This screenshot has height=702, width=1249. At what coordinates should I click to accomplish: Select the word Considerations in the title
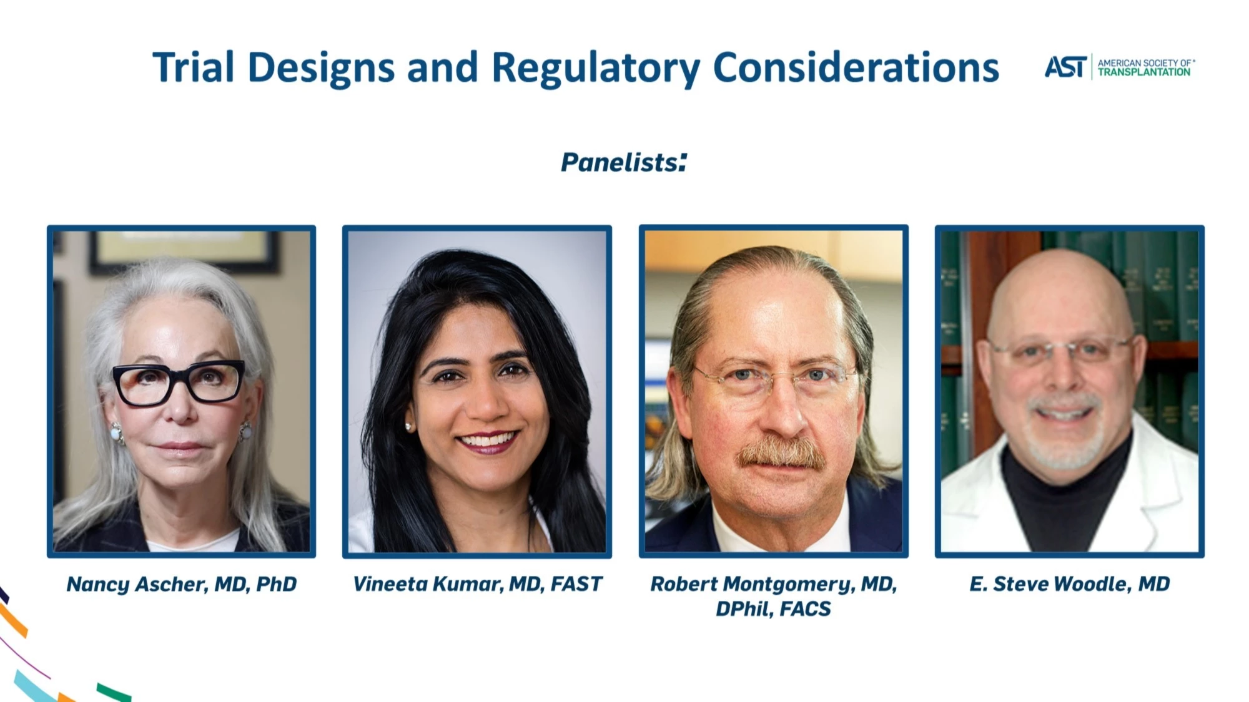(856, 67)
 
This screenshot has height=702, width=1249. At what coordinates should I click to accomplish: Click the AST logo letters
(1066, 67)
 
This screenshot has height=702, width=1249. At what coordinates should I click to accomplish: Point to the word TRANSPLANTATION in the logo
(1144, 72)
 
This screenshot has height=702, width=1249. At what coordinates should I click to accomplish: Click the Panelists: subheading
(624, 162)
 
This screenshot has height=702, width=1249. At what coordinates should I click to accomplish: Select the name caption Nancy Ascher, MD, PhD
(182, 584)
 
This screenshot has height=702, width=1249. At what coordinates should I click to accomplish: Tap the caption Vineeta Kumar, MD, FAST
(477, 584)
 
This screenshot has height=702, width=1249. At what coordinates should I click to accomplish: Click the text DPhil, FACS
(773, 608)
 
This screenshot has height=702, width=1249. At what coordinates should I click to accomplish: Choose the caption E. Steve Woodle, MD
(1069, 584)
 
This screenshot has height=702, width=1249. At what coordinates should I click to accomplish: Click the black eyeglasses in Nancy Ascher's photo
(179, 383)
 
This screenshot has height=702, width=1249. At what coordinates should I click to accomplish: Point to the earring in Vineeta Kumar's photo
(410, 427)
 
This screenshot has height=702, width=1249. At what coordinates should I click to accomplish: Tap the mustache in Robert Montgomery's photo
(782, 454)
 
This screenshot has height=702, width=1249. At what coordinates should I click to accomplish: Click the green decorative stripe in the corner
(114, 692)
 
